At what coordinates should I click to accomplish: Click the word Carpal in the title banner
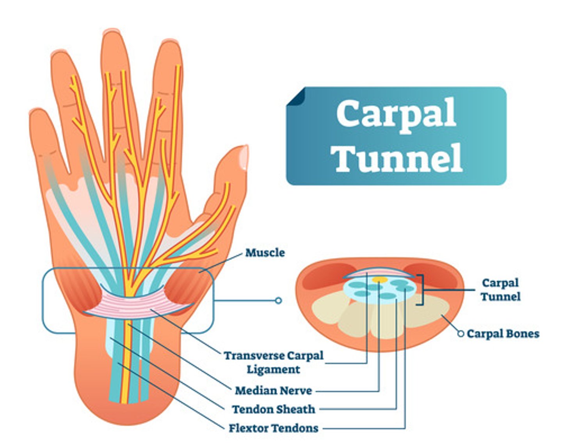(396, 114)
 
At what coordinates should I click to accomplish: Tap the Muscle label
(265, 253)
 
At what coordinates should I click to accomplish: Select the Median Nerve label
(273, 390)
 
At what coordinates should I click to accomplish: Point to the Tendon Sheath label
(274, 409)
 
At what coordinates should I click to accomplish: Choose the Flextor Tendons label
(274, 428)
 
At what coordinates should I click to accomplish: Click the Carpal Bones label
(503, 334)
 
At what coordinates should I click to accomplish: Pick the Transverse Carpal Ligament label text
(274, 362)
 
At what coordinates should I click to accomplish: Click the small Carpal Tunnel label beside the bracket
(500, 290)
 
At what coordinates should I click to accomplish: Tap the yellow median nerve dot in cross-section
(379, 280)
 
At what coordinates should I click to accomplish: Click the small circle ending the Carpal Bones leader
(461, 334)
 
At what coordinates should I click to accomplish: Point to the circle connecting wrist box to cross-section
(278, 300)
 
